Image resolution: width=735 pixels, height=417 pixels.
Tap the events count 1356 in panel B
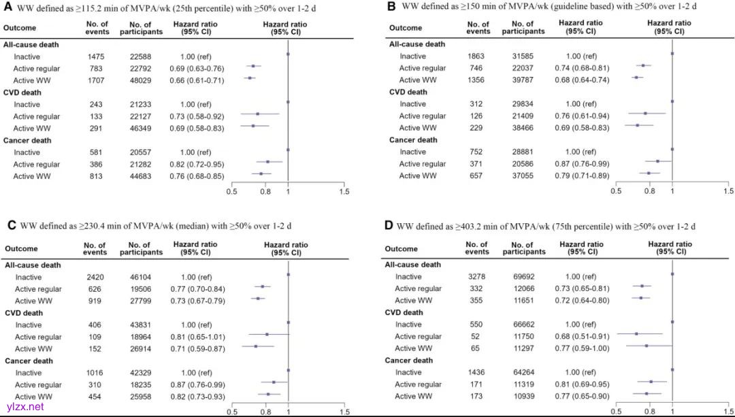click(x=478, y=80)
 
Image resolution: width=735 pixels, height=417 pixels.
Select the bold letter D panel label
click(x=389, y=226)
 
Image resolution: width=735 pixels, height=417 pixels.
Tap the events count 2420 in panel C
click(x=95, y=277)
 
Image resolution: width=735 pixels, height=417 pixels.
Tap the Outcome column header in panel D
click(x=402, y=249)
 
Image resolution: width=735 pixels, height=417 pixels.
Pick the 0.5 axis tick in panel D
click(x=617, y=412)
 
